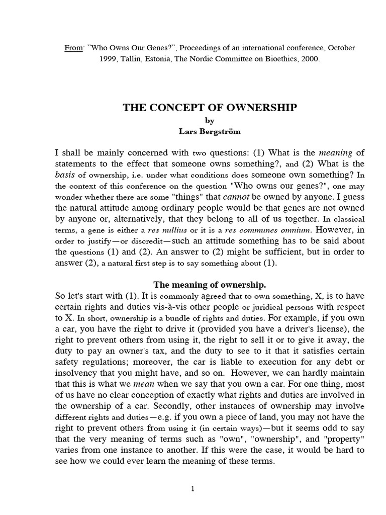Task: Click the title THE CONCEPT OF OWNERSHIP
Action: point(210,108)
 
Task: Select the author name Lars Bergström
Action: point(210,132)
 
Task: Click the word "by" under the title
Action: point(210,120)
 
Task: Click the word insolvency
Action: point(74,373)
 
